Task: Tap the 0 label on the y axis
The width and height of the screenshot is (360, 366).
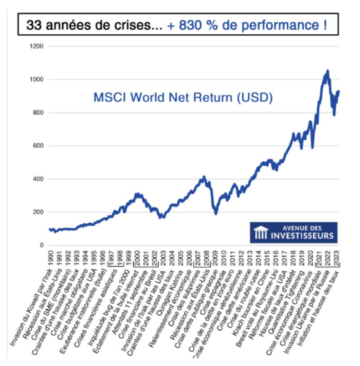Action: [x=42, y=245]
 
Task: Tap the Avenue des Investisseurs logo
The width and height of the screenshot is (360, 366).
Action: [x=293, y=232]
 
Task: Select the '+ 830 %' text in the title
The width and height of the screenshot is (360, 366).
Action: [x=192, y=26]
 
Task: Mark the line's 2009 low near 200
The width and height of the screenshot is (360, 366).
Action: [x=216, y=213]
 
